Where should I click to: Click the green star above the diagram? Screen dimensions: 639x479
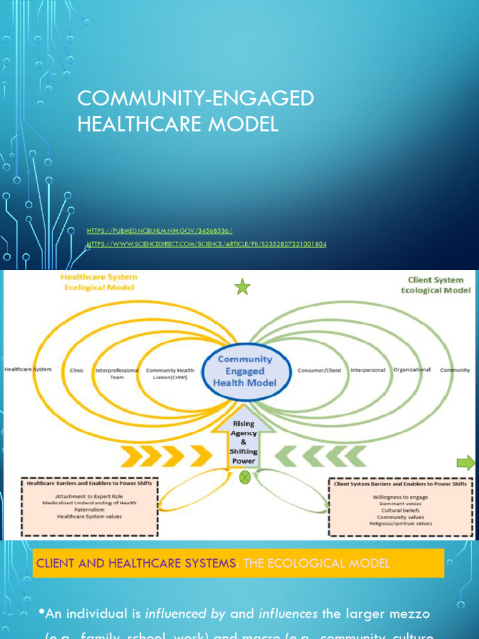242,287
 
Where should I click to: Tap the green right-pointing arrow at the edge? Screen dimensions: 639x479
465,462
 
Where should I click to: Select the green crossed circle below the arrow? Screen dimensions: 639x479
245,477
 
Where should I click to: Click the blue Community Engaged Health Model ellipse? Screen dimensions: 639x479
245,371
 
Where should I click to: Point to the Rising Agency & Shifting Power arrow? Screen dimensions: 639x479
244,441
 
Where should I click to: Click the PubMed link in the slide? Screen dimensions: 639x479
160,231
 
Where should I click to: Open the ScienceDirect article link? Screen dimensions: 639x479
206,244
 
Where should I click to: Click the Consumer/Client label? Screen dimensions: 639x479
319,370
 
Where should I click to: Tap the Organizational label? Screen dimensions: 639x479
412,369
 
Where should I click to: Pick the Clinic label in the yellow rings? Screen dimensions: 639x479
76,370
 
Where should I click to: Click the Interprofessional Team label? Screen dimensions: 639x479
117,373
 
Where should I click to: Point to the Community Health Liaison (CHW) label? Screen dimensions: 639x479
170,373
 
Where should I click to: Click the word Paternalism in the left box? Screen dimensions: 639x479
89,509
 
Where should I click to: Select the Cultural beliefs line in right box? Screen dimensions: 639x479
400,510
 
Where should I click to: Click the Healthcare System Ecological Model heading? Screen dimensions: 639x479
98,281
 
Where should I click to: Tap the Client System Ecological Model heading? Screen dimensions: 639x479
435,285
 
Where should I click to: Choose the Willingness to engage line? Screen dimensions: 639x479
400,497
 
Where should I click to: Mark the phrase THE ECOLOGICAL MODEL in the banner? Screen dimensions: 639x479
316,563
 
